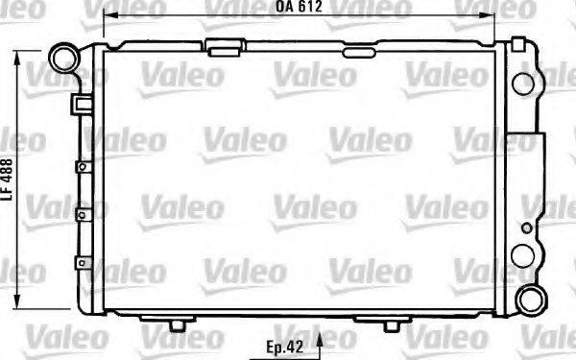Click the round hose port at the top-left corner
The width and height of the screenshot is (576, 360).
(x=64, y=59)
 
